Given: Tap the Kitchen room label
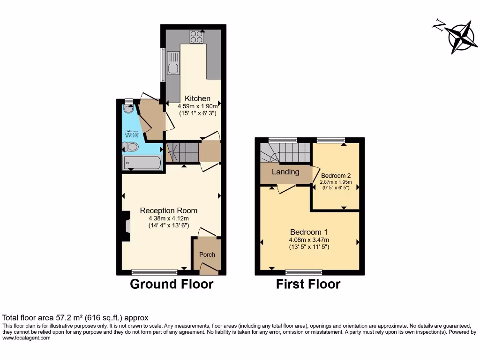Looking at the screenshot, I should (x=197, y=98).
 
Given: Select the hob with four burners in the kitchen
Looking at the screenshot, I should (x=197, y=36).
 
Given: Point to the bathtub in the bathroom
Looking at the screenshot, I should (x=142, y=164).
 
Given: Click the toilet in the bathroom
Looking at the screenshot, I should (x=131, y=147).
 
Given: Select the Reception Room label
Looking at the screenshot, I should (x=169, y=210).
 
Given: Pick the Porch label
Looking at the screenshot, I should (x=207, y=255).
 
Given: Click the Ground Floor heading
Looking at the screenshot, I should (x=171, y=284).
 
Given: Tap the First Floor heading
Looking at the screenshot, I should (x=308, y=284).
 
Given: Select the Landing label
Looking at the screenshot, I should (x=285, y=172).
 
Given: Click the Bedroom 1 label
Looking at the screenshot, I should (x=308, y=232).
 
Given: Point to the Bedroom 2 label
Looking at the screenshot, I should (x=336, y=176).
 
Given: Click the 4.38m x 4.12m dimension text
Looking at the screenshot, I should (x=169, y=218).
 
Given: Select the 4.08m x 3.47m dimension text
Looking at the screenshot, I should (x=309, y=240).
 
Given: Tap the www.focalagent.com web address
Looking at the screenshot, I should (x=26, y=338).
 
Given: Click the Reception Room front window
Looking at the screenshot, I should (x=154, y=272).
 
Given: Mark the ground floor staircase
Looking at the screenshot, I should (x=183, y=152).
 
